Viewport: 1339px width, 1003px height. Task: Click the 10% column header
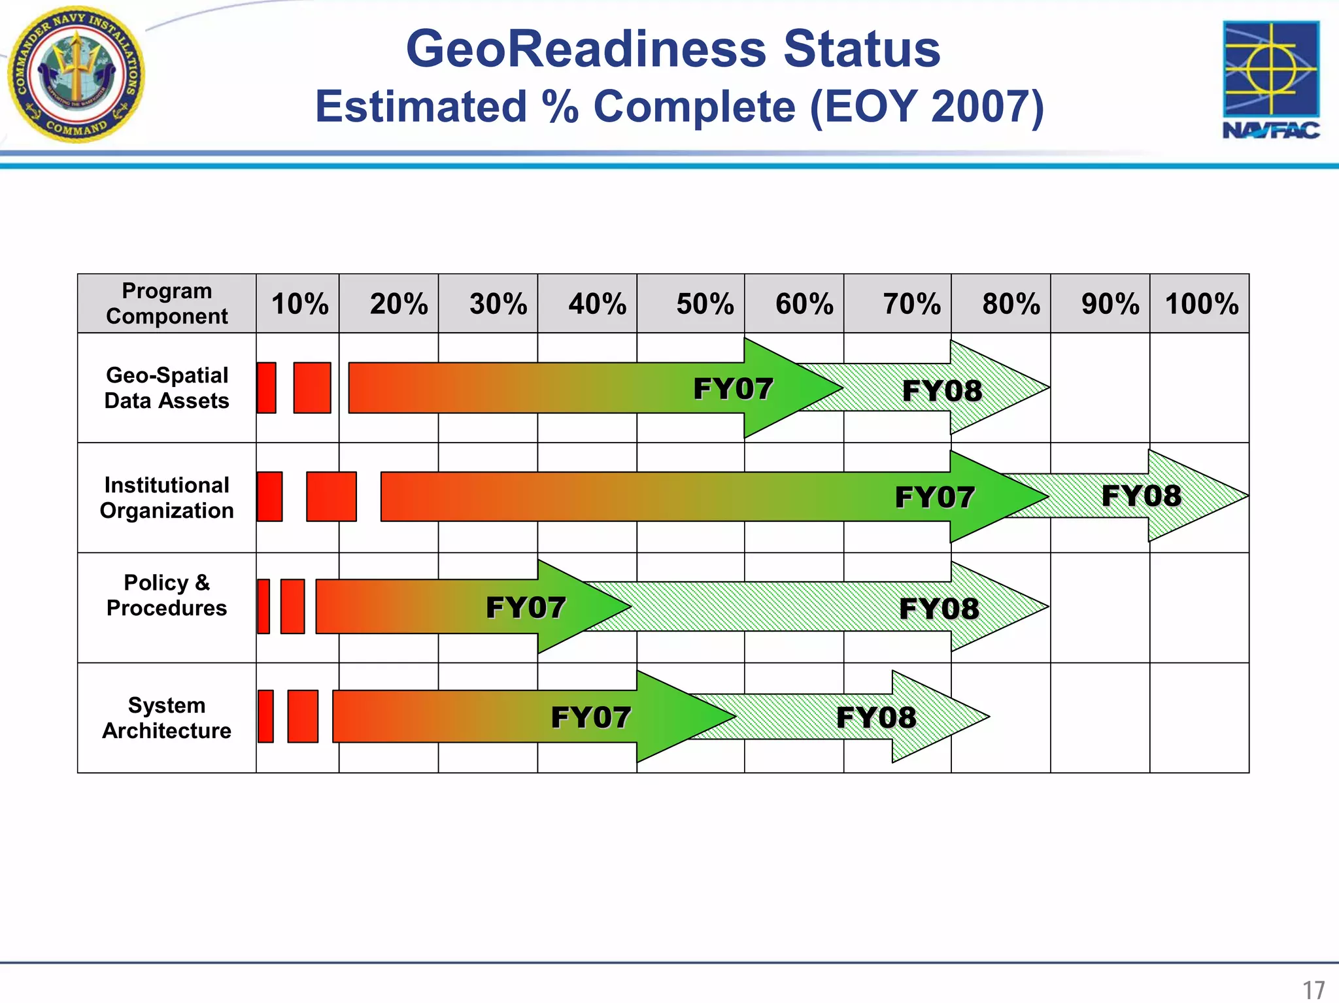click(299, 304)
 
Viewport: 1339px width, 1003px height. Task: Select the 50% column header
click(705, 304)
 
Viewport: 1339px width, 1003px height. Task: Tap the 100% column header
click(1202, 304)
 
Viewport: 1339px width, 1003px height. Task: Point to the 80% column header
click(1011, 304)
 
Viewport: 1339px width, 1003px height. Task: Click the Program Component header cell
click(167, 303)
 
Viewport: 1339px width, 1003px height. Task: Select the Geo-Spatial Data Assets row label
click(167, 388)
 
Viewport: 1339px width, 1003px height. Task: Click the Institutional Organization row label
click(167, 498)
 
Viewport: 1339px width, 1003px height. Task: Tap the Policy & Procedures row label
click(167, 595)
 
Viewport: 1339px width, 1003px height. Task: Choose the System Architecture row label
click(167, 718)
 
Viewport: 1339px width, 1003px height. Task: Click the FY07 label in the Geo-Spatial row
click(733, 389)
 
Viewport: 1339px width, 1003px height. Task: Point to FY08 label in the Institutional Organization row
click(1142, 496)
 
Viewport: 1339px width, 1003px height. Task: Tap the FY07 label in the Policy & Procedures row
click(526, 607)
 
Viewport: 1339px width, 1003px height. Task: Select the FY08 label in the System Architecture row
click(876, 717)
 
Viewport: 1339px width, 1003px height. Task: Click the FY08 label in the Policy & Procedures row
click(939, 609)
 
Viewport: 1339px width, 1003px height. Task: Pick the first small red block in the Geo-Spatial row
click(266, 388)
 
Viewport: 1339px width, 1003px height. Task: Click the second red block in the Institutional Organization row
click(331, 497)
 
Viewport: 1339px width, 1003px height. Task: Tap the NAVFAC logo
click(1271, 80)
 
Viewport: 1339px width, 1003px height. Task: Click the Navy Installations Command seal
click(76, 74)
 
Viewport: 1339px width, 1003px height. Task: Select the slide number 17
click(1314, 990)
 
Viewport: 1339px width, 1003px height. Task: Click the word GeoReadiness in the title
click(585, 49)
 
